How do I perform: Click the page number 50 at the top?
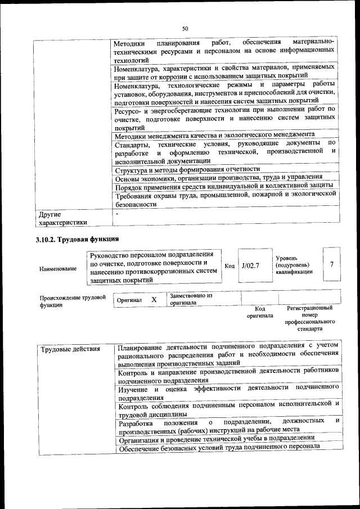(x=184, y=29)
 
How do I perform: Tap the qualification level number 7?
(x=332, y=264)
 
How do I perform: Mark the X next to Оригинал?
(x=154, y=300)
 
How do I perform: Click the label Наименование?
(x=58, y=269)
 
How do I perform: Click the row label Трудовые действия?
(x=70, y=349)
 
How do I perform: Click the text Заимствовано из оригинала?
(x=191, y=299)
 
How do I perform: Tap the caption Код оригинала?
(x=259, y=312)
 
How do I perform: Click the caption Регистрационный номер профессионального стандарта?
(x=310, y=318)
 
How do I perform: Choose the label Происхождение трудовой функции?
(x=72, y=301)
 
